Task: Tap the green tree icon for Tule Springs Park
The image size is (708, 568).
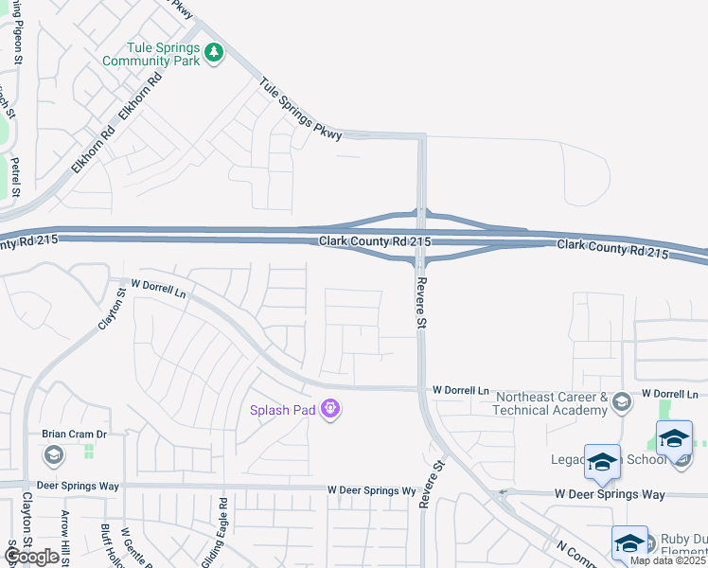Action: point(215,53)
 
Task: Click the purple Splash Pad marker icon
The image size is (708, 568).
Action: point(330,409)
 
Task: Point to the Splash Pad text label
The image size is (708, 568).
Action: point(282,410)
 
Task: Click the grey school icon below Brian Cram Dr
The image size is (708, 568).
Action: point(54,456)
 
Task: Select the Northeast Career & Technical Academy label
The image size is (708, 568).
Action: point(550,403)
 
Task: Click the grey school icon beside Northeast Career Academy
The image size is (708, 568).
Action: point(621,402)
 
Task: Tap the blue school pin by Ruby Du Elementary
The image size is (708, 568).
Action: point(628,542)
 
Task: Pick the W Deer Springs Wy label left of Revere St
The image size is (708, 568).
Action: point(372,491)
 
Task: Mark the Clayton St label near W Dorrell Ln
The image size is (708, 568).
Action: point(112,310)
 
